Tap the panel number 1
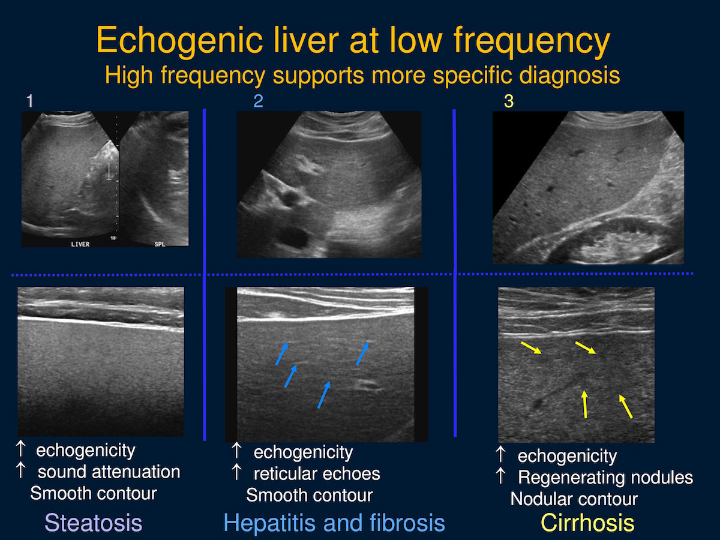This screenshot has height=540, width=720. (30, 101)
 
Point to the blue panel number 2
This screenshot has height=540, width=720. (258, 101)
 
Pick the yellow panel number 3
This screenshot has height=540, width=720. (509, 101)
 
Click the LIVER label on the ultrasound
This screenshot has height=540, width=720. (80, 244)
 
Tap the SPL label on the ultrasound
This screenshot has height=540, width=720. (160, 244)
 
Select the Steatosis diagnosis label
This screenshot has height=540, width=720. (94, 523)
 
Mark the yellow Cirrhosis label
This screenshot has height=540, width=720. (587, 523)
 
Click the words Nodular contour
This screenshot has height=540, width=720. (574, 499)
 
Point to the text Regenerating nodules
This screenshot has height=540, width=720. (605, 478)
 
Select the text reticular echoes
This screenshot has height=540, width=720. (317, 474)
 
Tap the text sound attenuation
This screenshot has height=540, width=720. (109, 472)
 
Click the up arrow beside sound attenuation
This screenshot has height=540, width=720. (20, 470)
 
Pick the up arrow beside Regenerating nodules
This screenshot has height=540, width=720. (500, 475)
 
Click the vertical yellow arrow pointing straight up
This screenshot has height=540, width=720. (585, 404)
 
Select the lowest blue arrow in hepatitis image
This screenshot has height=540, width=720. (324, 395)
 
